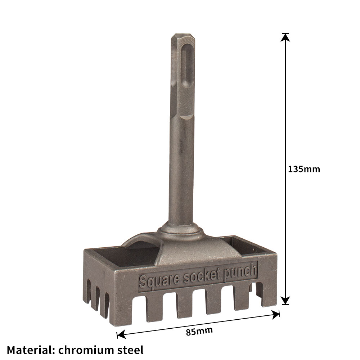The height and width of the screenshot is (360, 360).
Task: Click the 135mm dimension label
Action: tap(304, 169)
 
